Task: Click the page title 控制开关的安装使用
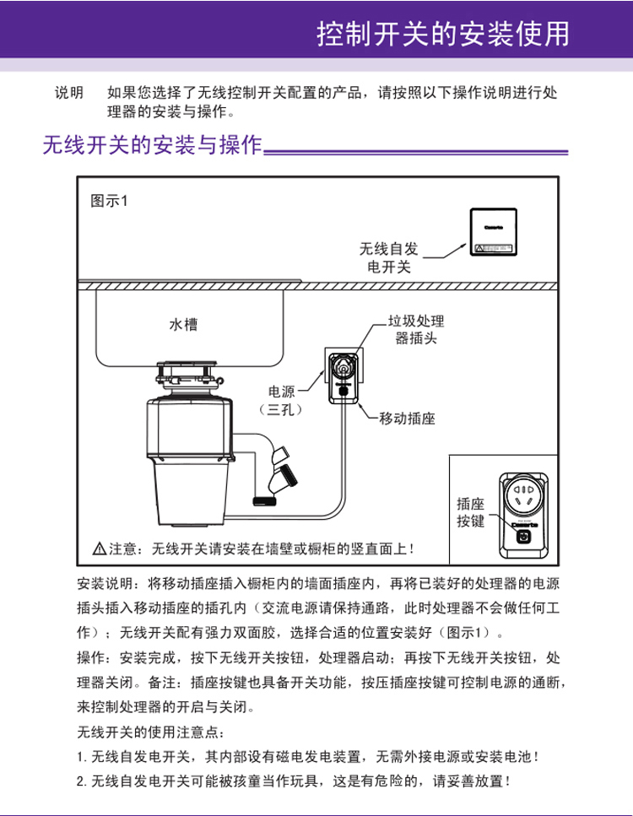(x=441, y=34)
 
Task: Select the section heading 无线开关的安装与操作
(x=152, y=147)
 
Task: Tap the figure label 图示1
(x=107, y=202)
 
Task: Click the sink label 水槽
(x=184, y=323)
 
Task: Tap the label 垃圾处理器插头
(x=415, y=330)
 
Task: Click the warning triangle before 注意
(x=99, y=549)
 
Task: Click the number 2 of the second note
(x=79, y=780)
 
